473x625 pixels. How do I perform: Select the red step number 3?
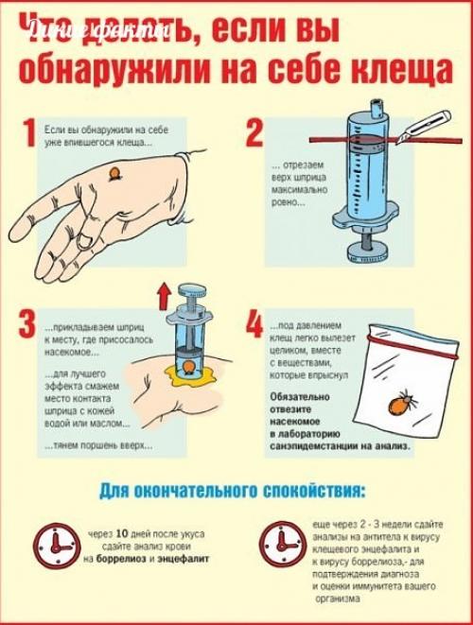[x=27, y=323]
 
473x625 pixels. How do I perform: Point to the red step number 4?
[x=254, y=323]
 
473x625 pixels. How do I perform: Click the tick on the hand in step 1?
[x=115, y=173]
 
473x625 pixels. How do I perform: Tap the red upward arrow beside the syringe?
[x=163, y=294]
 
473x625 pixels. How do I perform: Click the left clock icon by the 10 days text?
[x=55, y=546]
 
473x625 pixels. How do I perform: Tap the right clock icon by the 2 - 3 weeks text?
[x=283, y=546]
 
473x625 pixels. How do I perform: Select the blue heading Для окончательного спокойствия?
[x=235, y=492]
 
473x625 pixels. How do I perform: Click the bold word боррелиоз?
[x=127, y=560]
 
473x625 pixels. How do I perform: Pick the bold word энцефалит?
[x=184, y=560]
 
